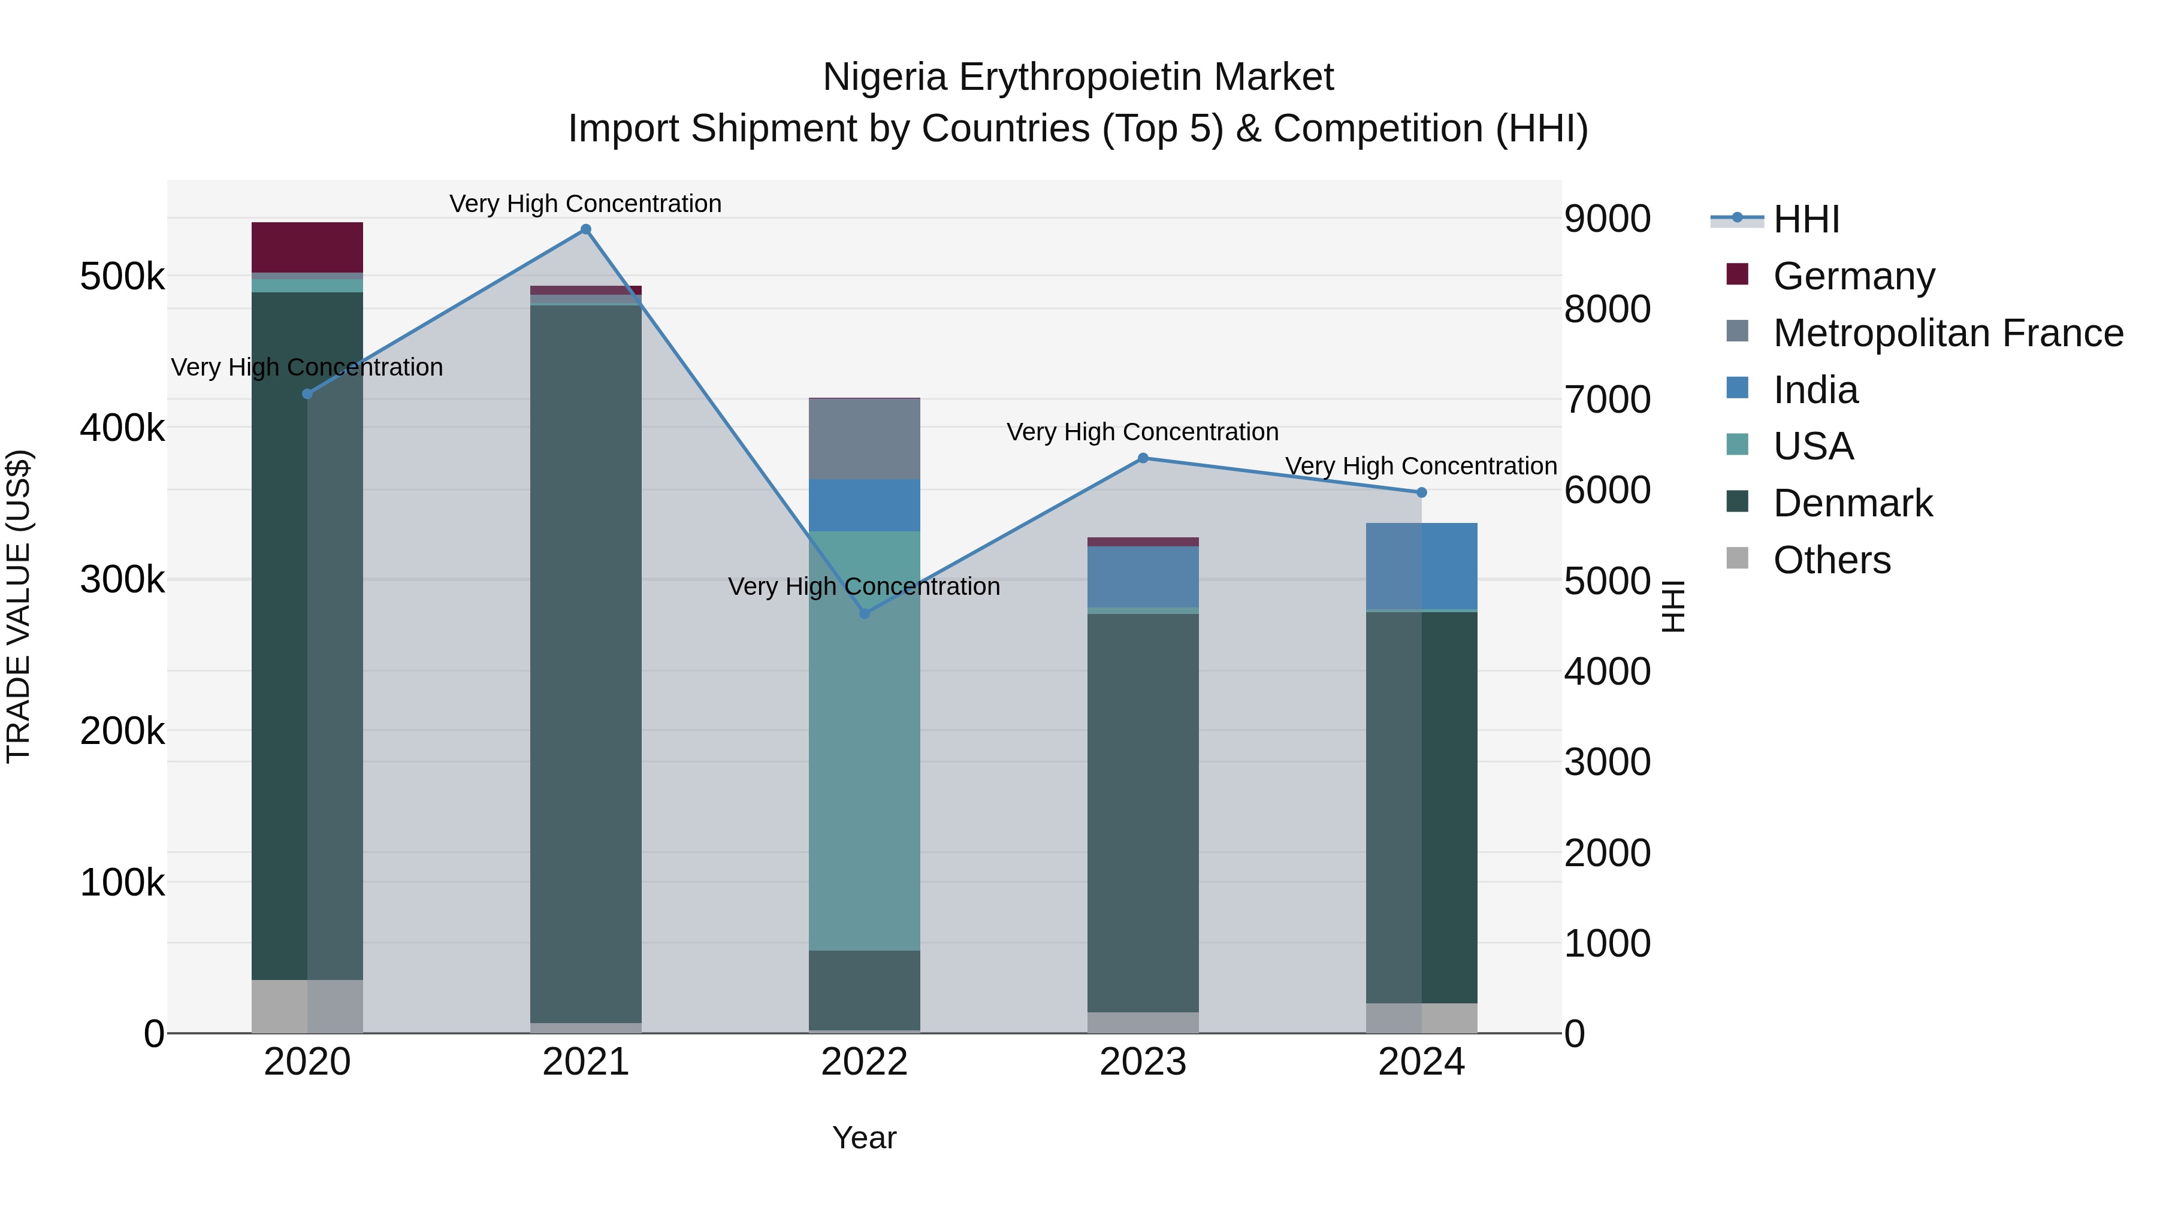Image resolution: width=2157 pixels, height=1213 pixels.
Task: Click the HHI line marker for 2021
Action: coord(585,229)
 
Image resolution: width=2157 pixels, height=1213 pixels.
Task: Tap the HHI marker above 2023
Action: coord(1143,458)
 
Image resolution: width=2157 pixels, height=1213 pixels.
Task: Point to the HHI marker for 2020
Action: coord(307,394)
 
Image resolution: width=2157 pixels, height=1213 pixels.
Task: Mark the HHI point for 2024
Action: coord(1421,492)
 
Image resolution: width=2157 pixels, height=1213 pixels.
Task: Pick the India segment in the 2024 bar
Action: coord(1421,566)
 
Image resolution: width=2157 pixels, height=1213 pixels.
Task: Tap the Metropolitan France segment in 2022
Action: coord(864,438)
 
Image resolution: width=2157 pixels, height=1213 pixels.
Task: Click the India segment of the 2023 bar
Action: coord(1143,577)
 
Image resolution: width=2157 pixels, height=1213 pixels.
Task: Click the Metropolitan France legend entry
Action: coord(1948,332)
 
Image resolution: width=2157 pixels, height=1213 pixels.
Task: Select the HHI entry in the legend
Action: coord(1806,219)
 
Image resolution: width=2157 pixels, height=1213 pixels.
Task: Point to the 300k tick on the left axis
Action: coord(122,579)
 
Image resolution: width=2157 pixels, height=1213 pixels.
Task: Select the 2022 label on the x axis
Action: coord(864,1062)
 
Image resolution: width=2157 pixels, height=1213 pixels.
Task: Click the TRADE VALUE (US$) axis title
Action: coord(19,606)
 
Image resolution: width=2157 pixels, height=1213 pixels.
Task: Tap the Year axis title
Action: coord(864,1138)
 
